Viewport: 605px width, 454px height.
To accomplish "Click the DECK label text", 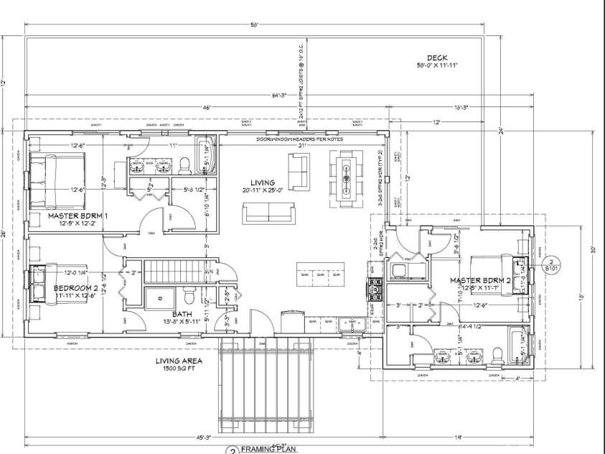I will [x=437, y=58].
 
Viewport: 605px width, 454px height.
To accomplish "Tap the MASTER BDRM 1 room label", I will [x=78, y=216].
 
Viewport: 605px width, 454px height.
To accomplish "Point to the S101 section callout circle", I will [x=550, y=264].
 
